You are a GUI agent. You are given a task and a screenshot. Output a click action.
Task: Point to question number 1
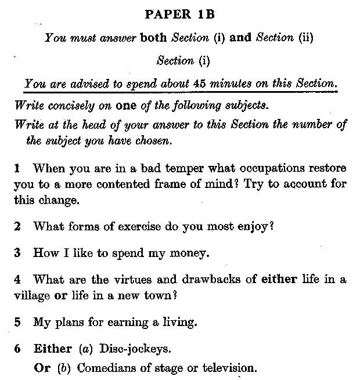click(x=17, y=169)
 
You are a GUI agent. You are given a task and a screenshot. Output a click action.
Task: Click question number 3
click(x=17, y=253)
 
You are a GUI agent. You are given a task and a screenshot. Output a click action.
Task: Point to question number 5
click(x=17, y=321)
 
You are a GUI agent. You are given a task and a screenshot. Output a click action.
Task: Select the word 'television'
click(x=229, y=368)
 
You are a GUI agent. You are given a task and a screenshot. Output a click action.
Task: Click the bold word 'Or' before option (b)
click(x=43, y=368)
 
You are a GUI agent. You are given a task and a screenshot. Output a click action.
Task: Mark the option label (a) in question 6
click(x=85, y=349)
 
